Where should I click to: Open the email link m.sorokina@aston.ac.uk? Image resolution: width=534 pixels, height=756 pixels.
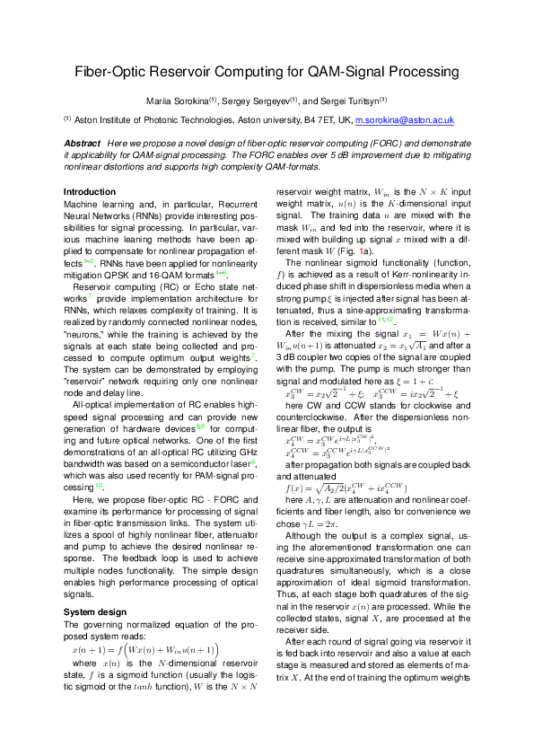pyautogui.click(x=405, y=119)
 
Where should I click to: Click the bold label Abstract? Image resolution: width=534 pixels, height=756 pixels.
pyautogui.click(x=82, y=144)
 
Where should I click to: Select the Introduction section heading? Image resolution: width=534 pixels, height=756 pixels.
pyautogui.click(x=90, y=192)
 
